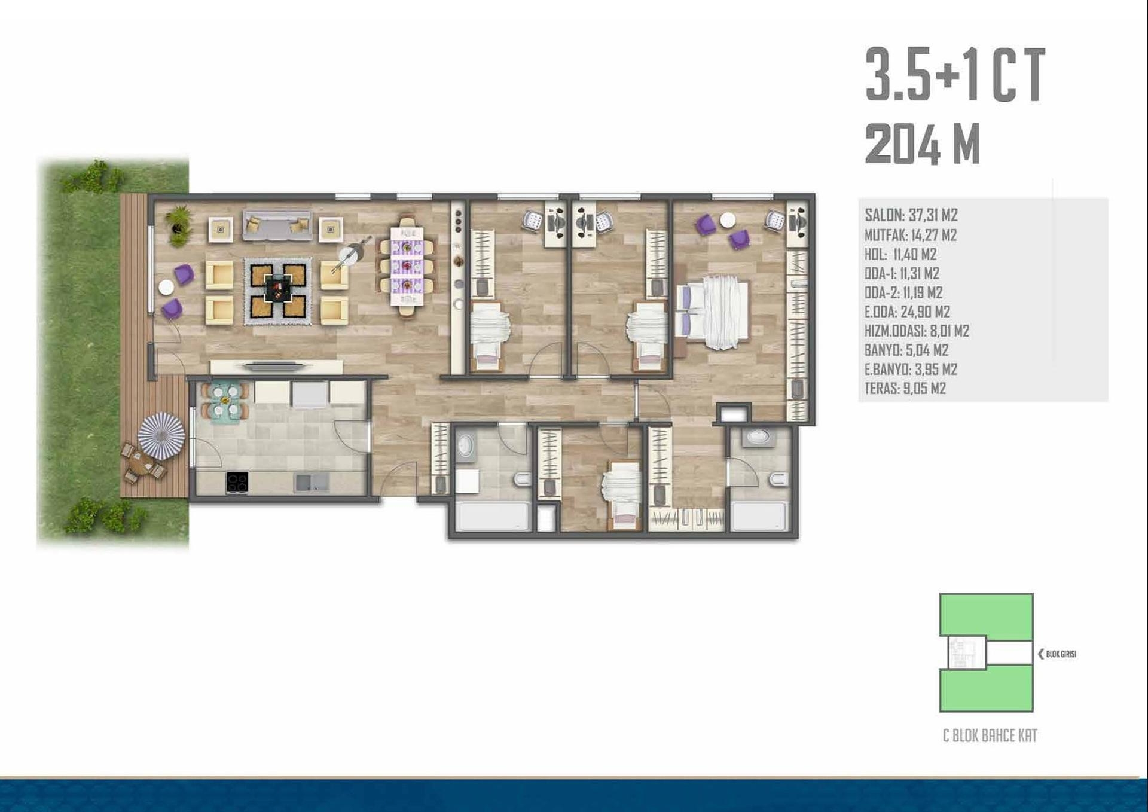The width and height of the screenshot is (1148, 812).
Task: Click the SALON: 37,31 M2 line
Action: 911,215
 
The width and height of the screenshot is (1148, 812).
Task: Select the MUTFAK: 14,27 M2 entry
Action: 911,235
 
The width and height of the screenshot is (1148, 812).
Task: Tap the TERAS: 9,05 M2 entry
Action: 905,389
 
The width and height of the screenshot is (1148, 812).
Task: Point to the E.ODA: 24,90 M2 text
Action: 907,312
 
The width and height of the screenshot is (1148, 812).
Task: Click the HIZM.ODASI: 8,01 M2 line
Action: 917,331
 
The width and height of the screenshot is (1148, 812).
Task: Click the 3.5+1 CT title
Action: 955,75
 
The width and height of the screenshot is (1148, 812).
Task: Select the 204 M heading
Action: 923,144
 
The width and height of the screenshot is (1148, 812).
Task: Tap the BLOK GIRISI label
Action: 1057,654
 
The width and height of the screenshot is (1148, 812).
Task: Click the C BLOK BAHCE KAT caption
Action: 990,735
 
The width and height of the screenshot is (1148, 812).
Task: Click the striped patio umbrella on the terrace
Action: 161,436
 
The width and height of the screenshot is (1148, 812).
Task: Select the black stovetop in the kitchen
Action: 237,483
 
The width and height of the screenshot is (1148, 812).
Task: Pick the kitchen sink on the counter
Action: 312,483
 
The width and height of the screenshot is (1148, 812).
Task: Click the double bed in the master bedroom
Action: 713,312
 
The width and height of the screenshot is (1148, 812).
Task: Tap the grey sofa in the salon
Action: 277,225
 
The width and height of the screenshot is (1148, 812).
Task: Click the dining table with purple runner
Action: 407,266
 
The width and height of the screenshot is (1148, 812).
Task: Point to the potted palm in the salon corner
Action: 179,225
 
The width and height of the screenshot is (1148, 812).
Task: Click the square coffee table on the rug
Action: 277,291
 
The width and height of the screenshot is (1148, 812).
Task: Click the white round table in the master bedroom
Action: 728,221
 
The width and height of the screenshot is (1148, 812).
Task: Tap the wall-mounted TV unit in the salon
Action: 276,366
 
